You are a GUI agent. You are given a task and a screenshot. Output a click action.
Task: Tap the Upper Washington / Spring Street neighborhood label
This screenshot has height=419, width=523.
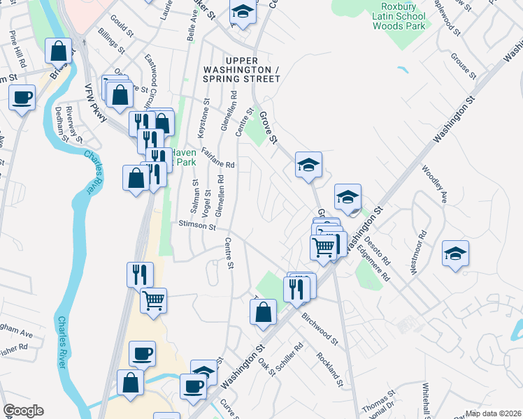pyautogui.click(x=241, y=74)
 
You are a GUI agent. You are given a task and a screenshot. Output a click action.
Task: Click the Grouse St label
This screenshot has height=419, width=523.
pyautogui.click(x=463, y=66)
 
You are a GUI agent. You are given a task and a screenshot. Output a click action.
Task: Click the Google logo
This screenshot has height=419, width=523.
pyautogui.click(x=23, y=411)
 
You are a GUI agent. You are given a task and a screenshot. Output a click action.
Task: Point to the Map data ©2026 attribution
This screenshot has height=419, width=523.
pyautogui.click(x=494, y=413)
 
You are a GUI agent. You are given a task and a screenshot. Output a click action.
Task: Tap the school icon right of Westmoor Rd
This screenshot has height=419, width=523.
pyautogui.click(x=456, y=253)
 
